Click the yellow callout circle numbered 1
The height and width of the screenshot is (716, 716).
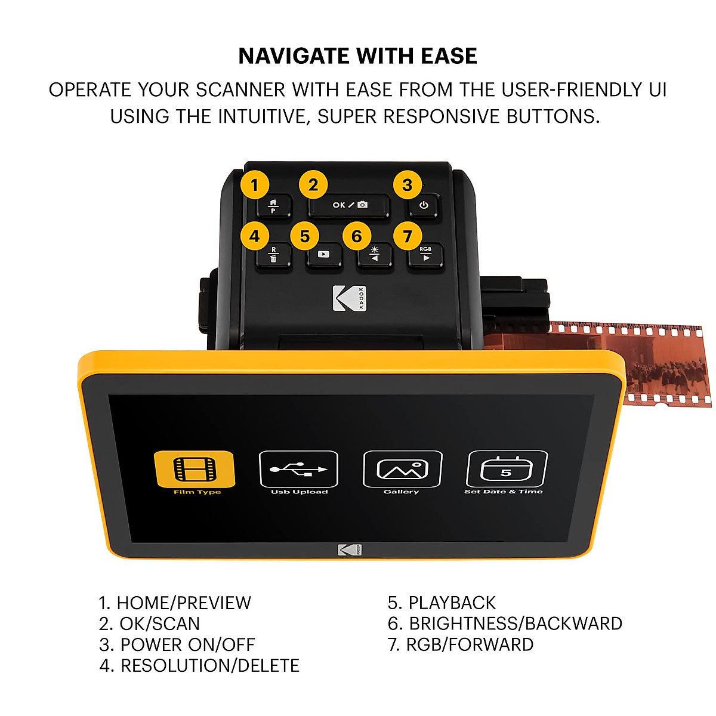pos(255,185)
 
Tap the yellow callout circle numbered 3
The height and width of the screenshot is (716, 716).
pos(408,185)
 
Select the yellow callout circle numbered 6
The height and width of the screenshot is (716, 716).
pos(357,236)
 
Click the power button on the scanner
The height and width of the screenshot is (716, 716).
pos(424,206)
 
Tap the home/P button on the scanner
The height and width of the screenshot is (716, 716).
pos(274,206)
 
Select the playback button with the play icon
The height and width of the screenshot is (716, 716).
pos(323,255)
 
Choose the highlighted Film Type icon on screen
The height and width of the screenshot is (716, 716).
pos(195,470)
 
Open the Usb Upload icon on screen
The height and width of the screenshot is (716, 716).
pos(298,470)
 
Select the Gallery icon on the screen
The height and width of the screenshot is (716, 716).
pos(402,470)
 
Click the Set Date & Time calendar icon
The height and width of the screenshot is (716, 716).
pos(506,470)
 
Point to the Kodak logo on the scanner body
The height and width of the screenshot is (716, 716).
pos(349,298)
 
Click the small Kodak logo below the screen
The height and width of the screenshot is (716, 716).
pos(349,550)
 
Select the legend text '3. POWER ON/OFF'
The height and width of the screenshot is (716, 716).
pos(177,644)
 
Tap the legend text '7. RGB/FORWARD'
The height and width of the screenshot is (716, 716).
pos(461,644)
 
